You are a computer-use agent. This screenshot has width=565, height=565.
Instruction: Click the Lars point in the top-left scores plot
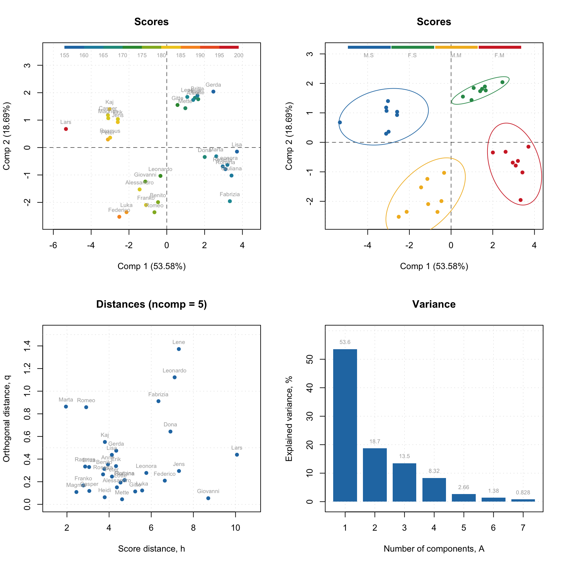[x=66, y=129]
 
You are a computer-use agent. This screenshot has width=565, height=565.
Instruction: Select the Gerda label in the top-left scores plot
[x=213, y=85]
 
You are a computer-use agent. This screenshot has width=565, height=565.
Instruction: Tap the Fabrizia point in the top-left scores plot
[x=230, y=201]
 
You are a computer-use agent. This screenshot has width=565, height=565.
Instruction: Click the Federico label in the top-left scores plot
[x=119, y=210]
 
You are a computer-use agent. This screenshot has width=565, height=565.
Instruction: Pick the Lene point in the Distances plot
[x=179, y=349]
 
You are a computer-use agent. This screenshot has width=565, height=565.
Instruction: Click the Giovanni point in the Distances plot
[x=208, y=498]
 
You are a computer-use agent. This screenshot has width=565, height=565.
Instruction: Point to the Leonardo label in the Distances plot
[x=174, y=371]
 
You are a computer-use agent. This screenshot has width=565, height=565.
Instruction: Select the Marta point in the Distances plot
[x=66, y=407]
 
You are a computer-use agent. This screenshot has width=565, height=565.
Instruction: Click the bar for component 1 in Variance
[x=345, y=425]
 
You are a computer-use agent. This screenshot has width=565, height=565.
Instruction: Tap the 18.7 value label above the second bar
[x=375, y=442]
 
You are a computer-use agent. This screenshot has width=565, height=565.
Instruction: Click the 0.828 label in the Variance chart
[x=523, y=493]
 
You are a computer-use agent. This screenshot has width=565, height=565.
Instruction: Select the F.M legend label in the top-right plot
[x=499, y=56]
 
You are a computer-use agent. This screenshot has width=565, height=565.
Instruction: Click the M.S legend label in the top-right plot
[x=368, y=56]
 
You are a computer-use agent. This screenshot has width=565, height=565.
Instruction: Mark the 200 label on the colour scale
[x=239, y=56]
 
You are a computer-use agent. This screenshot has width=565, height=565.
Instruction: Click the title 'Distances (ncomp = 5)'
[x=151, y=304]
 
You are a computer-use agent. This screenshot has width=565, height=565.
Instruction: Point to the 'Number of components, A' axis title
[x=434, y=549]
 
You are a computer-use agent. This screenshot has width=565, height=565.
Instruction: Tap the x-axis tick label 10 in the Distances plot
[x=235, y=528]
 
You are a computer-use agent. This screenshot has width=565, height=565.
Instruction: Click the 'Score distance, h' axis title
[x=151, y=549]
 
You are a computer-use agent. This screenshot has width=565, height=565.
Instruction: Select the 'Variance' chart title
[x=434, y=304]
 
